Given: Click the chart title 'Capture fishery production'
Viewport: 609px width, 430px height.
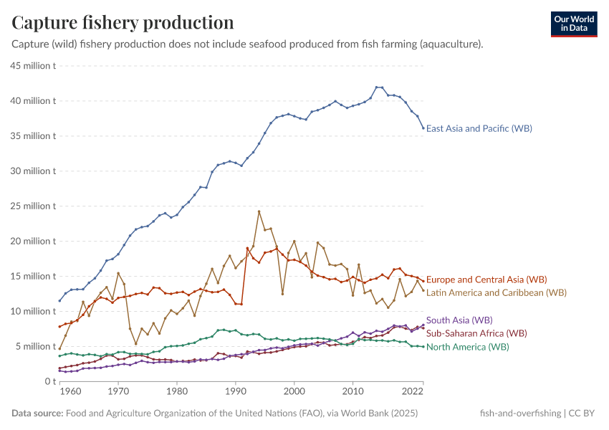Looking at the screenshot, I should pyautogui.click(x=123, y=22).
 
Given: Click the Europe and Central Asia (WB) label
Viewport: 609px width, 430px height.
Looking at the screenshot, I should pyautogui.click(x=486, y=279).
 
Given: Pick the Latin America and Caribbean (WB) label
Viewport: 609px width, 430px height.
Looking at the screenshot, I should pyautogui.click(x=496, y=292).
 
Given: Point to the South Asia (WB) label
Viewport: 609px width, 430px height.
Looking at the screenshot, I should pyautogui.click(x=459, y=320).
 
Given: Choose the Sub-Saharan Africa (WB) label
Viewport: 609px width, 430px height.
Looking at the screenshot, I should pyautogui.click(x=476, y=333).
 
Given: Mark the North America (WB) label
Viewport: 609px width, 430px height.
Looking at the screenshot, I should pyautogui.click(x=467, y=347).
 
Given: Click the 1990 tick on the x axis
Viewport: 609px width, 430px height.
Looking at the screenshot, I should pyautogui.click(x=235, y=392).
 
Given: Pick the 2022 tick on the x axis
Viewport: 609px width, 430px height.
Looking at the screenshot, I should pyautogui.click(x=411, y=392).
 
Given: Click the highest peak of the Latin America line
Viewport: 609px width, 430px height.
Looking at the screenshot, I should pyautogui.click(x=259, y=211).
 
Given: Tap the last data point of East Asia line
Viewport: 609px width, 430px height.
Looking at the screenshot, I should pyautogui.click(x=423, y=128).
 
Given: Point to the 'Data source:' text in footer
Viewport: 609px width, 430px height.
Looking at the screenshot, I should pyautogui.click(x=38, y=414).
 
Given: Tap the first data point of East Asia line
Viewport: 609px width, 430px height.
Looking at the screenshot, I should pyautogui.click(x=59, y=301).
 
